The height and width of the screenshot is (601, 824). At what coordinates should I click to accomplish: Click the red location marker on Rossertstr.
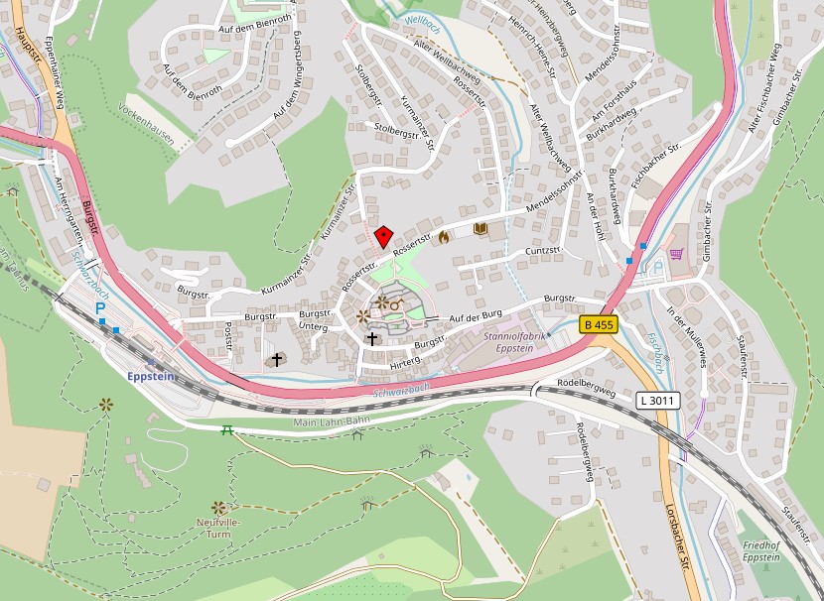pos(383,236)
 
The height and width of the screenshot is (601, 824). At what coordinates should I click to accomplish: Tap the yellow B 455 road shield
pos(599,324)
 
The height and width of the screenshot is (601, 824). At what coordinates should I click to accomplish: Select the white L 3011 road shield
pos(658,400)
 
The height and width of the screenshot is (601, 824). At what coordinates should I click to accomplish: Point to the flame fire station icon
pos(444,236)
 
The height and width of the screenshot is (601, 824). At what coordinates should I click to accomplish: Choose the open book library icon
pos(481,229)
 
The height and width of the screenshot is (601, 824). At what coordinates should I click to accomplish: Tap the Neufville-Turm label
pos(219,527)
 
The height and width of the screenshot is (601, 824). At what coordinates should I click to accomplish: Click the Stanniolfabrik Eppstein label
pos(508,342)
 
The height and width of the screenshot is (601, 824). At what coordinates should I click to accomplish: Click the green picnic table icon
pos(226,428)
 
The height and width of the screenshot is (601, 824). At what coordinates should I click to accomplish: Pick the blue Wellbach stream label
pos(423,19)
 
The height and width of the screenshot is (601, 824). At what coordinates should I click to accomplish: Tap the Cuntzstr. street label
pos(545,252)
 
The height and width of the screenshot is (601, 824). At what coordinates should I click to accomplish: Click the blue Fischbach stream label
pos(658,348)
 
